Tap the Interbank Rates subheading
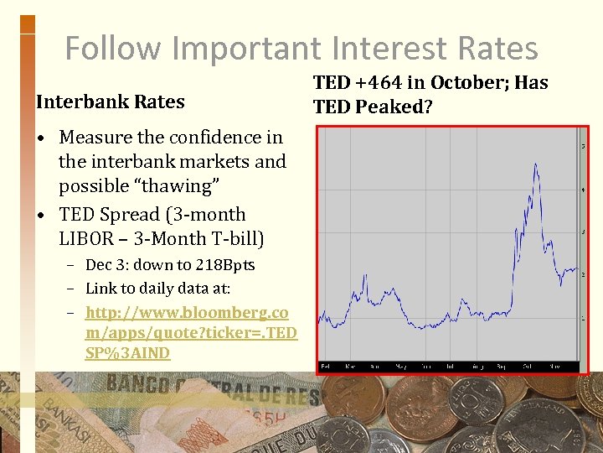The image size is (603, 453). point(111,102)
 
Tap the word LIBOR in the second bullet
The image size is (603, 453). point(91,239)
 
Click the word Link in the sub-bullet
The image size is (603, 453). point(101,289)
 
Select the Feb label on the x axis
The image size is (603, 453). point(326,367)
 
